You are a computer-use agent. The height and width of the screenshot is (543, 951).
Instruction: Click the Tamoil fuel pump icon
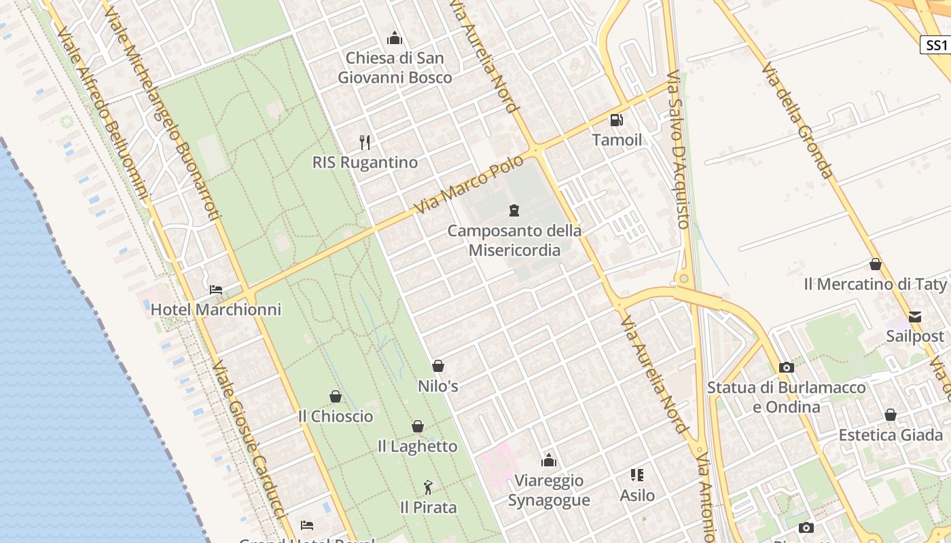tap(616, 120)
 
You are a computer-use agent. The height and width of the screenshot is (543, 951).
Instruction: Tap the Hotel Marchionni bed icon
tap(216, 290)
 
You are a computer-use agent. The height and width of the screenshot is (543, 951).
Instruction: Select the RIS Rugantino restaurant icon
tap(365, 143)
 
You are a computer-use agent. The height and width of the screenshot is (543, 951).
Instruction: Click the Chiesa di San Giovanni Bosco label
tap(395, 68)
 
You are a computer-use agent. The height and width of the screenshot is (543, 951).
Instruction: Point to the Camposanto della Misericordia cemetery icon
tap(514, 210)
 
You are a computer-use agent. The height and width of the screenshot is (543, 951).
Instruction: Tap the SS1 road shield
tap(935, 45)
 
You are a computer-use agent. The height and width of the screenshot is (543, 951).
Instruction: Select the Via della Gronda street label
tap(797, 121)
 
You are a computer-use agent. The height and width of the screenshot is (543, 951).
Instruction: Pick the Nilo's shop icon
tap(438, 366)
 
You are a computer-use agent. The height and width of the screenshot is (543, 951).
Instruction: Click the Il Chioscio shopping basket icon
tap(335, 396)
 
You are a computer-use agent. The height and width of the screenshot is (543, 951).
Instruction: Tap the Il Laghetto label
tap(417, 447)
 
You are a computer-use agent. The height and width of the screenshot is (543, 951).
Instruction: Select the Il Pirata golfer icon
tap(428, 487)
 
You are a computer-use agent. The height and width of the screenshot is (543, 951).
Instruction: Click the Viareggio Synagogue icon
tap(549, 461)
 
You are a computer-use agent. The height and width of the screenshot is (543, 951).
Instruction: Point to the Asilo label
tap(637, 495)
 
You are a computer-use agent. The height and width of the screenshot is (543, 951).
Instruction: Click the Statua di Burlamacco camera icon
tap(787, 367)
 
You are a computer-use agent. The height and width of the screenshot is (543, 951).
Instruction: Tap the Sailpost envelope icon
tap(915, 316)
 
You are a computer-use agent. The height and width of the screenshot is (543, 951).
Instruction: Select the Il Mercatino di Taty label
tap(875, 284)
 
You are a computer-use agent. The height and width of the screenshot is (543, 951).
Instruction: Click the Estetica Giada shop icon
tap(891, 415)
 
